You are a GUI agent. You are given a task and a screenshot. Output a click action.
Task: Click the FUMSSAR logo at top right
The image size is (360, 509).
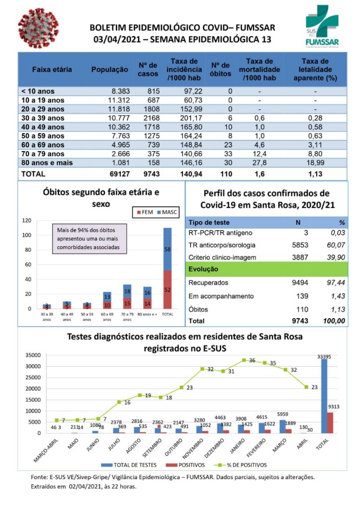322,27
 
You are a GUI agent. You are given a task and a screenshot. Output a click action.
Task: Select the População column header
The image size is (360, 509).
109,70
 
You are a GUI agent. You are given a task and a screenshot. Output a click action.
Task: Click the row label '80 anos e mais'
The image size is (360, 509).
47,163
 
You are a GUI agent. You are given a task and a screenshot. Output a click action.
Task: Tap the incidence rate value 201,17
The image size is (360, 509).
184,118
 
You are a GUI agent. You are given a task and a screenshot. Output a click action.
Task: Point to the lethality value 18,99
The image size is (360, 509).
315,163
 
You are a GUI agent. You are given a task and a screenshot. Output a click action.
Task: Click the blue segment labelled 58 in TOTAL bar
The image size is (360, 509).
167,249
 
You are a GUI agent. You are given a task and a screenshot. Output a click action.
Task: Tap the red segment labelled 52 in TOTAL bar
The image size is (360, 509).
167,289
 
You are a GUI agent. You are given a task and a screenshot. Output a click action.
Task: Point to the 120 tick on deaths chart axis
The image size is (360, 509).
27,220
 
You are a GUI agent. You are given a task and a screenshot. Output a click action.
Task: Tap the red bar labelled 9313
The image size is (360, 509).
330,423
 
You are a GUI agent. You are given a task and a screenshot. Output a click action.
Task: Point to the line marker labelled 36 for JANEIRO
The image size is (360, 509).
244,360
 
